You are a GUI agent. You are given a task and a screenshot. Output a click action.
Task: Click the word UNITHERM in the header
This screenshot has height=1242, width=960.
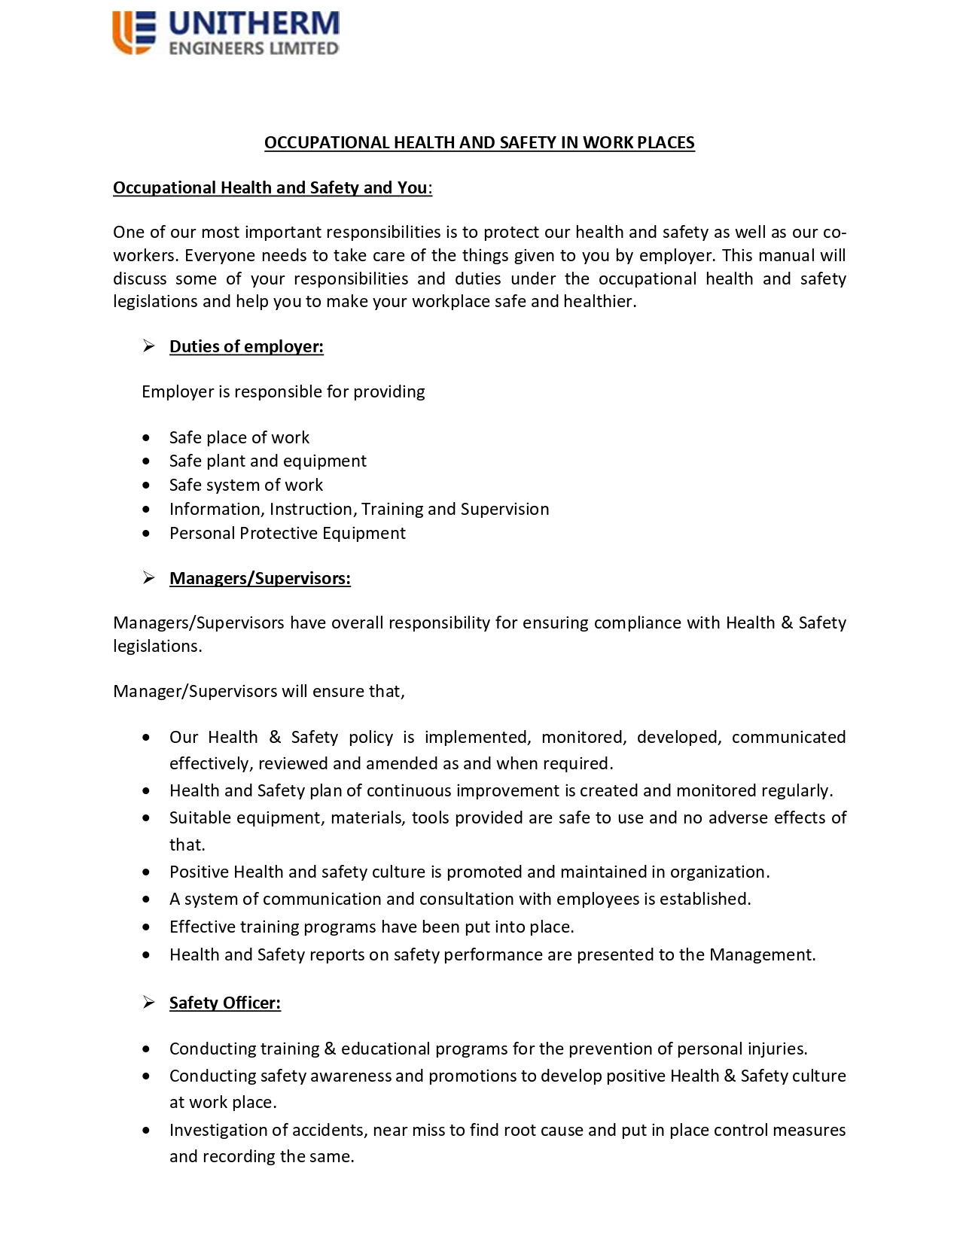(254, 24)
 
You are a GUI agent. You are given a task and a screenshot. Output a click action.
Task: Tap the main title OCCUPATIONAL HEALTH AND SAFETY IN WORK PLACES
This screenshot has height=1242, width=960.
(479, 143)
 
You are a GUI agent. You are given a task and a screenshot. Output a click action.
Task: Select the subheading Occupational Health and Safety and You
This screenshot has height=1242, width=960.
(270, 188)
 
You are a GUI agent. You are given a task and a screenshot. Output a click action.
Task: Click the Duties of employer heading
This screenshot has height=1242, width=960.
(246, 347)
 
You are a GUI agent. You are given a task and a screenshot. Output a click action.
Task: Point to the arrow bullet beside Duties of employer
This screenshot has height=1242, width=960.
(149, 346)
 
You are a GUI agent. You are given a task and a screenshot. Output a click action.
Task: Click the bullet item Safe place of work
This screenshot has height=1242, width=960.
(239, 438)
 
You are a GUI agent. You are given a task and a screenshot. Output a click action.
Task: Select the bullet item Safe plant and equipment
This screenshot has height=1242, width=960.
(267, 461)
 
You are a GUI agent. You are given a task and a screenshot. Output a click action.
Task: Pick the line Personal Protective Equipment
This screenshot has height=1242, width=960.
(287, 534)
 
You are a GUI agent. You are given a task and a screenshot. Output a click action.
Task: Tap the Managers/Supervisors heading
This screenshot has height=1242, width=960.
(260, 579)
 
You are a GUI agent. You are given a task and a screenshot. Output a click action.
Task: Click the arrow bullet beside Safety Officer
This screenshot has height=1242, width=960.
(149, 1003)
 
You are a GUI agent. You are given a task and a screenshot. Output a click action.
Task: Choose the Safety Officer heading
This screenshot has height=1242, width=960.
(224, 1003)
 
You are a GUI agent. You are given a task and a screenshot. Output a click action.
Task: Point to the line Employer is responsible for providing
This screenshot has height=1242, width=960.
(283, 392)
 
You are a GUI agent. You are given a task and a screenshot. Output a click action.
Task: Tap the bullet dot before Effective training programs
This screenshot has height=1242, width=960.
(146, 928)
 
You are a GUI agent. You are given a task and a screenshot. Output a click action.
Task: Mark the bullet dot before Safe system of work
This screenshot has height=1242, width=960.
(146, 486)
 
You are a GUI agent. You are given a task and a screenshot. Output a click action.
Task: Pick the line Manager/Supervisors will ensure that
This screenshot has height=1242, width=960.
(259, 692)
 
